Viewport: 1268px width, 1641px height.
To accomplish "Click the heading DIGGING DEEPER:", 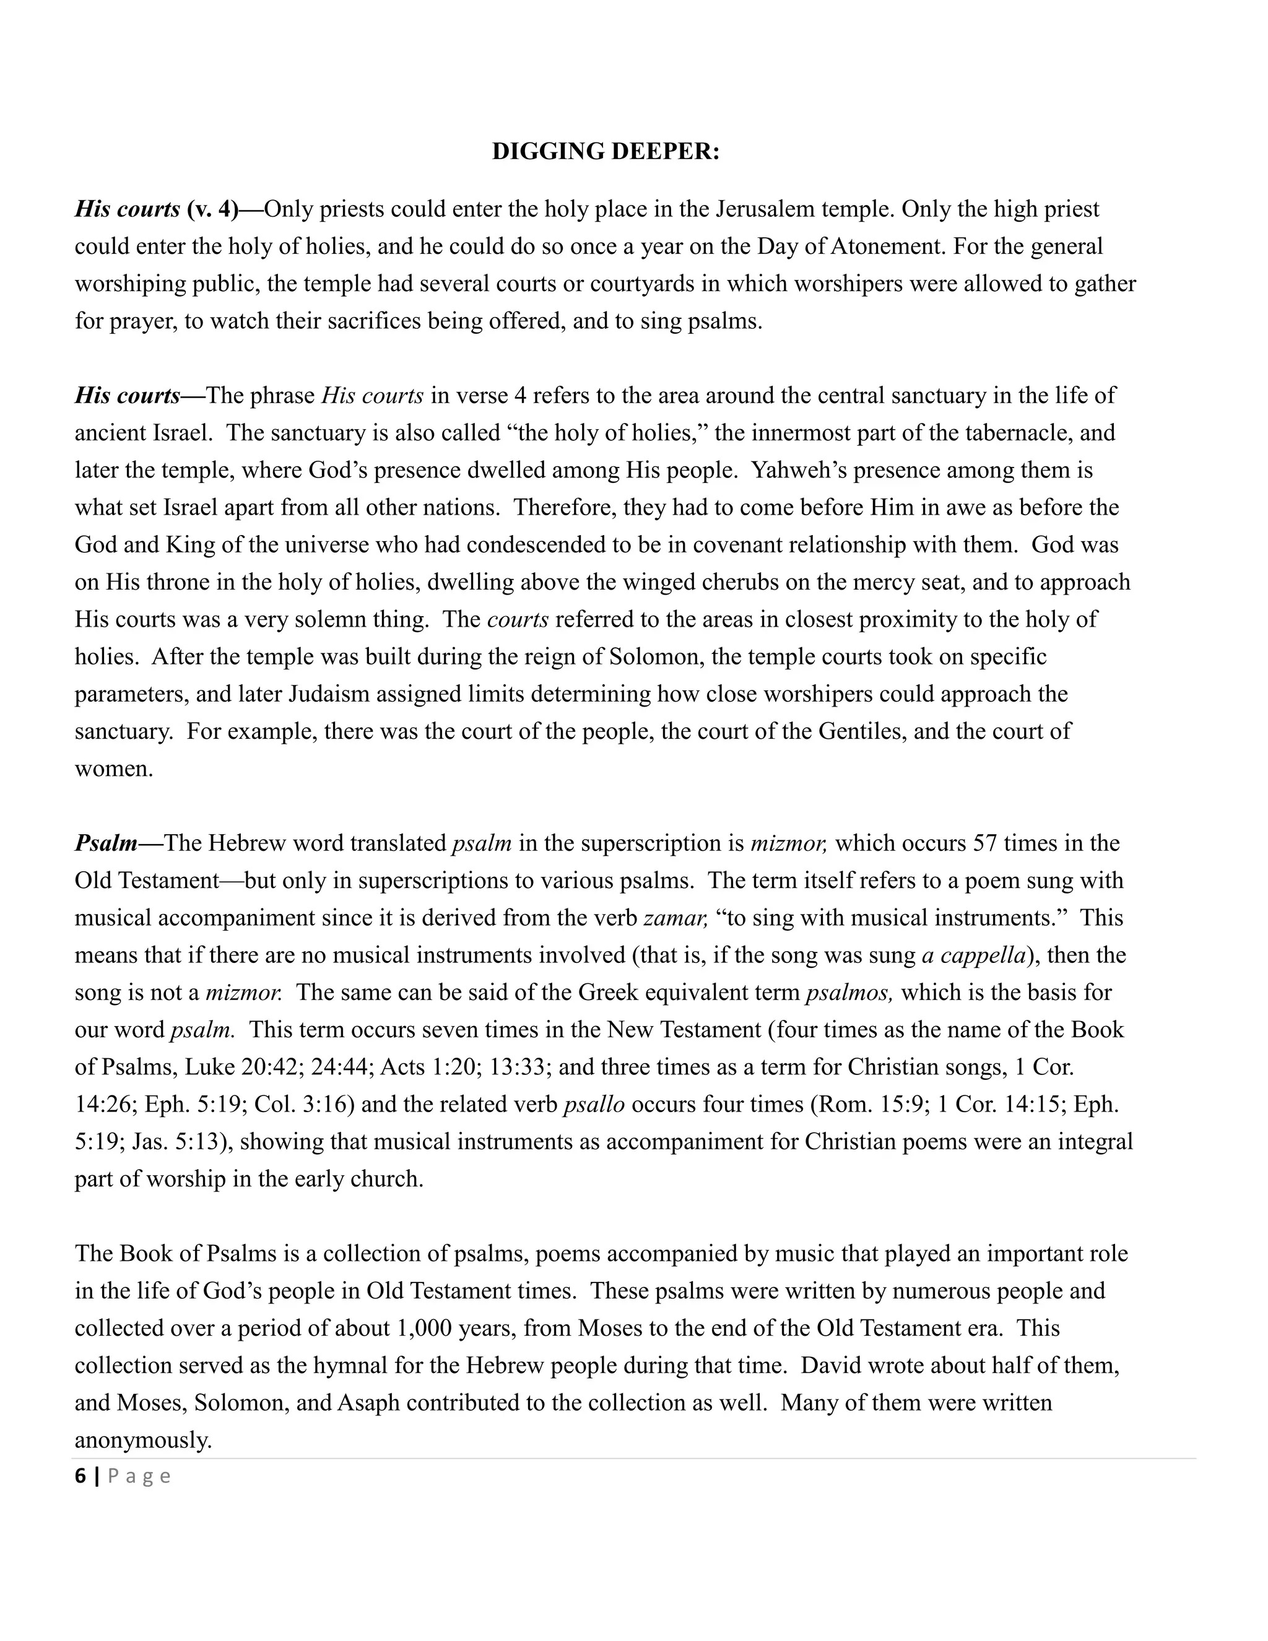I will pyautogui.click(x=606, y=152).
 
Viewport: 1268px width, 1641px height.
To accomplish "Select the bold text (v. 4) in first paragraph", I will pyautogui.click(x=212, y=209).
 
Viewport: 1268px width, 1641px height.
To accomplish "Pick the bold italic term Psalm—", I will pyautogui.click(x=117, y=843).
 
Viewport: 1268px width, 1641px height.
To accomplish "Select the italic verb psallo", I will pyautogui.click(x=594, y=1105).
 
